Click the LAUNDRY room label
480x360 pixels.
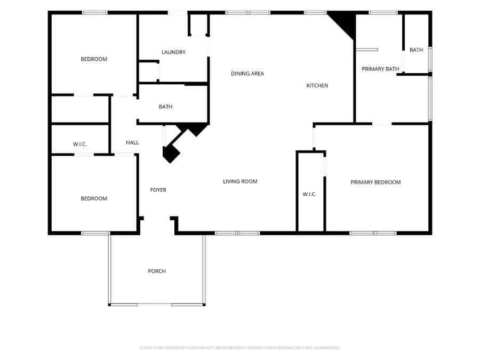point(173,52)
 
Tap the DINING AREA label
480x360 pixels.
point(247,74)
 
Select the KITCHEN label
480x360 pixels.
point(317,85)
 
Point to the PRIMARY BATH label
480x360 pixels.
point(380,69)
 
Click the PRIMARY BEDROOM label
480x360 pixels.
point(375,182)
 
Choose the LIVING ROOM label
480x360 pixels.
point(240,181)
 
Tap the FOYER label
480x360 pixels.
point(158,190)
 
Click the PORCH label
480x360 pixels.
point(157,271)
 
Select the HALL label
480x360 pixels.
point(132,142)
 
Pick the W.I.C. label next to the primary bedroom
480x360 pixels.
point(309,194)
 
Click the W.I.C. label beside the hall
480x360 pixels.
point(80,144)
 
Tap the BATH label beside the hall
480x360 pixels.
point(166,107)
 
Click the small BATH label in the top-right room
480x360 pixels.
point(417,50)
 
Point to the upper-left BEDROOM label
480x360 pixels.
point(94,59)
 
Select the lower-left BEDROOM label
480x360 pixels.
point(94,198)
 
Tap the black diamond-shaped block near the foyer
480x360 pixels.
point(171,154)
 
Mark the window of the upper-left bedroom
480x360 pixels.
point(94,13)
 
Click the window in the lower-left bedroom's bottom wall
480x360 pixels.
point(95,233)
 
